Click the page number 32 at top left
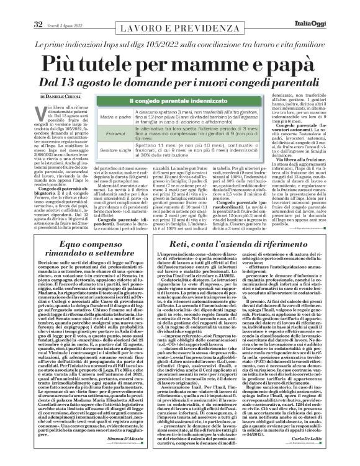[x=20, y=7]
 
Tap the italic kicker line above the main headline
[x=179, y=37]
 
